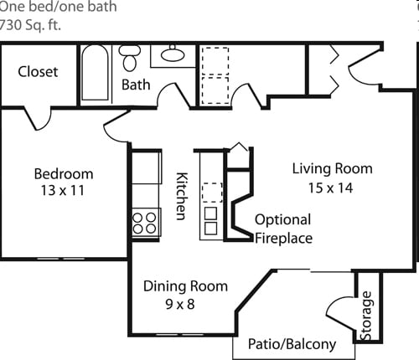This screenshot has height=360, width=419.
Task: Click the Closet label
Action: [38, 72]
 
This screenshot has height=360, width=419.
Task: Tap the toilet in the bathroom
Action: [130, 58]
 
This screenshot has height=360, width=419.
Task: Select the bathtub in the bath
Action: [95, 72]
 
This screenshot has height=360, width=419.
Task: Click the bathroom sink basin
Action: [173, 54]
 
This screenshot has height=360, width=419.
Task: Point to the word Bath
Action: [136, 85]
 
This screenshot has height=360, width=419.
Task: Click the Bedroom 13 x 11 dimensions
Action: [63, 191]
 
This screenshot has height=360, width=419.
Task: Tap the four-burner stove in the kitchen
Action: [146, 223]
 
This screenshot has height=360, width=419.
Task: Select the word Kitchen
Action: [182, 196]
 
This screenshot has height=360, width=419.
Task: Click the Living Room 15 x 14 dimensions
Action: [330, 188]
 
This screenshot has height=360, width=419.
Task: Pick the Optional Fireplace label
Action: [283, 229]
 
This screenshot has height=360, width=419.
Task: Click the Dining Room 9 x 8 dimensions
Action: [180, 304]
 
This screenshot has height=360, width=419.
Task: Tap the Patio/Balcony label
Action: [292, 344]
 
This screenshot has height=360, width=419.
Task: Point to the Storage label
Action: [366, 316]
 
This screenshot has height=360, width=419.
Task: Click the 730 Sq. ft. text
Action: [30, 25]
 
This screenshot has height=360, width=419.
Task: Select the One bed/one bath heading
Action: [58, 7]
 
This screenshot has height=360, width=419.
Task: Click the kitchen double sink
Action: [210, 220]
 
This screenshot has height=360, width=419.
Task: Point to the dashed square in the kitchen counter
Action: [212, 193]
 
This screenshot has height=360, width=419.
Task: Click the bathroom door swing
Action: [173, 95]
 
